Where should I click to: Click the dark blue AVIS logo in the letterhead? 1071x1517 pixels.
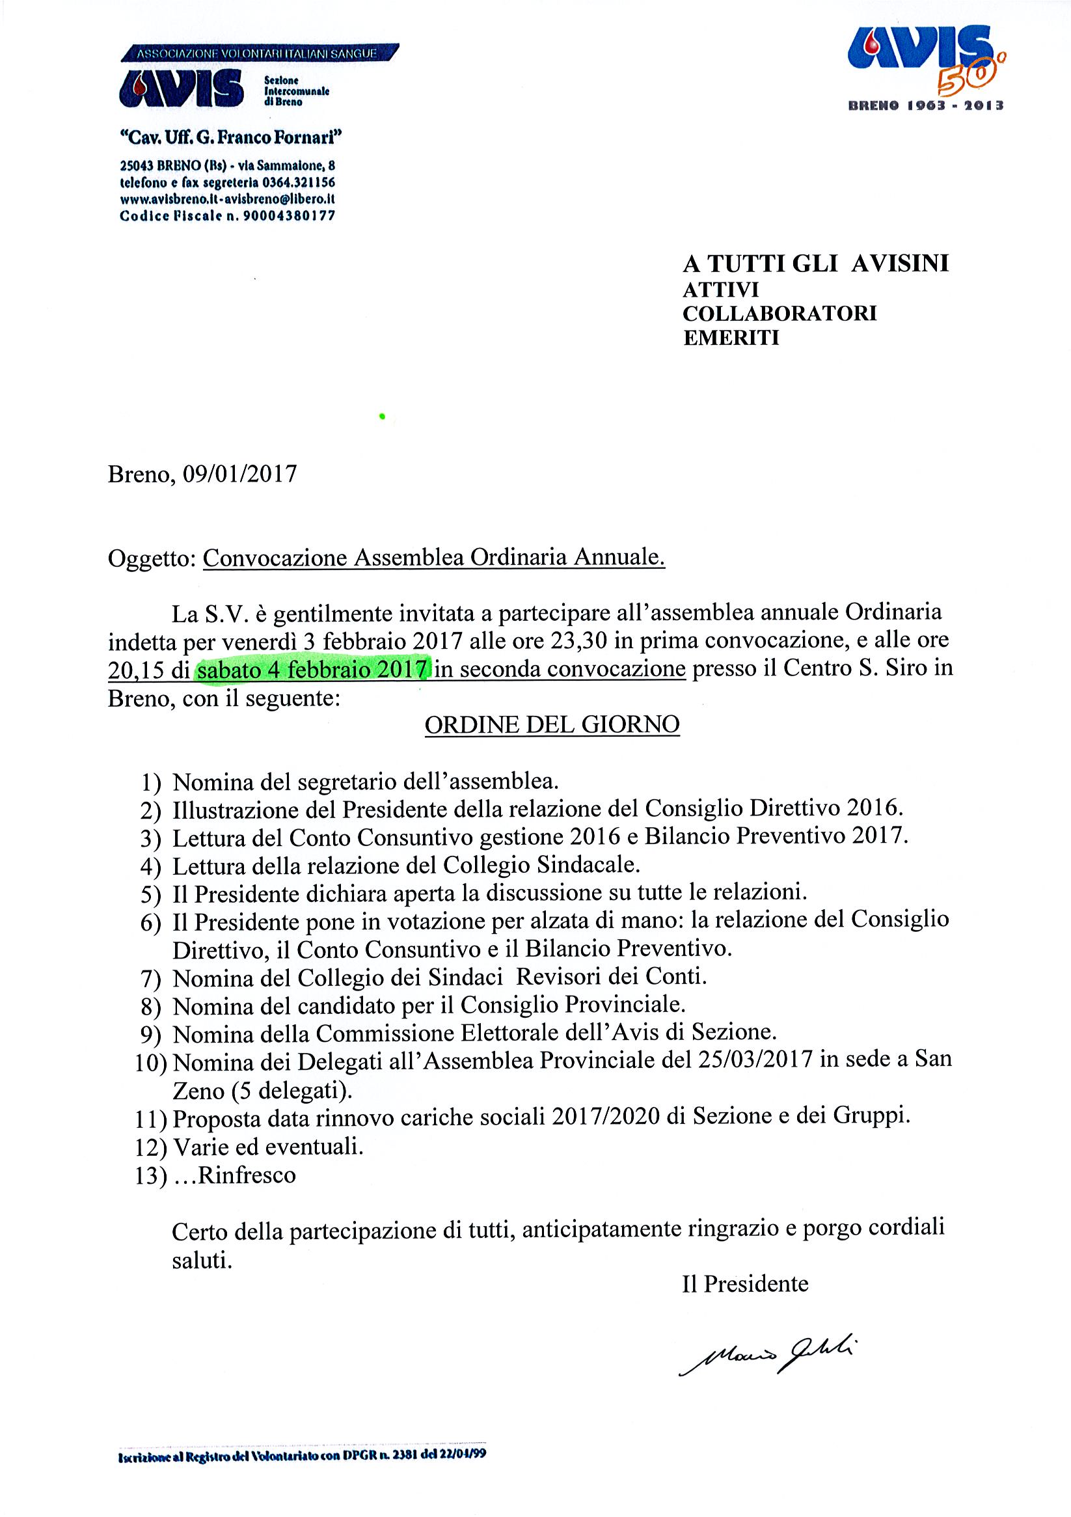(x=180, y=90)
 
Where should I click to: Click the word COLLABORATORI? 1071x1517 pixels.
(x=780, y=313)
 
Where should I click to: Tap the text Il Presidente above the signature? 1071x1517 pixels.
(x=745, y=1283)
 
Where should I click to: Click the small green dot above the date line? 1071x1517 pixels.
(x=382, y=416)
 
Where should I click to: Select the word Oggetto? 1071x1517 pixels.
(x=150, y=558)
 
